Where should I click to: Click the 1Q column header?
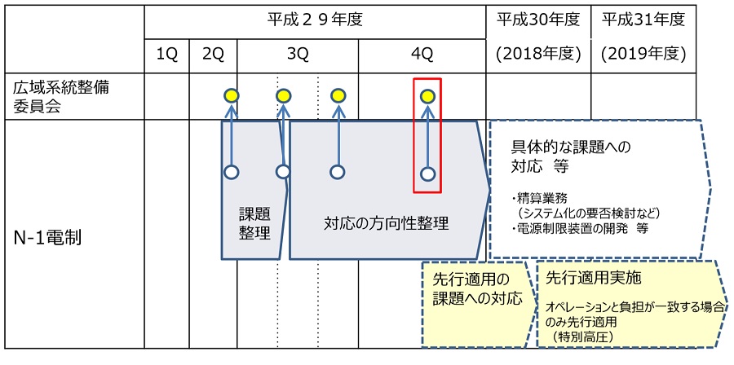(166, 55)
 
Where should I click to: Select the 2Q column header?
(213, 55)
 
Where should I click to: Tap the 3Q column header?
(298, 55)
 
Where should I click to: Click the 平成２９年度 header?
(314, 19)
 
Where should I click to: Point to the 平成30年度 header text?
(537, 19)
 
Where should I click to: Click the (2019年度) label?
(643, 55)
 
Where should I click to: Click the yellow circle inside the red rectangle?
(427, 97)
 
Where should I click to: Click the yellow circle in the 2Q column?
(231, 96)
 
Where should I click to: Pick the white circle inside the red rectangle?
(427, 174)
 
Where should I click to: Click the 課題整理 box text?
(254, 222)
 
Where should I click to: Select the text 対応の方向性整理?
(386, 222)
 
